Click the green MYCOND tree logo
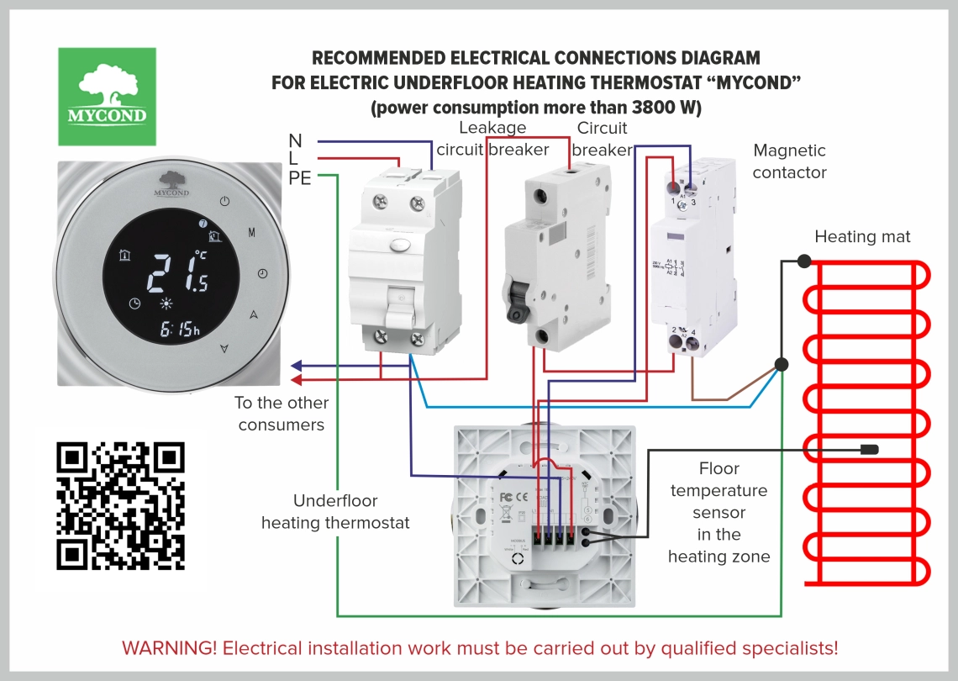click(107, 96)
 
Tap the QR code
click(120, 505)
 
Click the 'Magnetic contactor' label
click(789, 161)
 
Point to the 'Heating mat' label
click(862, 237)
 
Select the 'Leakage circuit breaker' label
click(492, 139)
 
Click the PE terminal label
click(300, 177)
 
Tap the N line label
click(295, 140)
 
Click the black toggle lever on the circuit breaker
click(515, 300)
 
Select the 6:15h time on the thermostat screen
click(180, 329)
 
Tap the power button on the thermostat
click(224, 201)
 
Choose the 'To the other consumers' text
click(281, 414)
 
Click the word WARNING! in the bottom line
click(169, 648)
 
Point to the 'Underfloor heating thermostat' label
click(335, 512)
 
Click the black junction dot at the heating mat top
click(804, 261)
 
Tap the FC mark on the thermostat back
click(506, 496)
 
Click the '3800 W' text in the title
click(653, 108)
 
